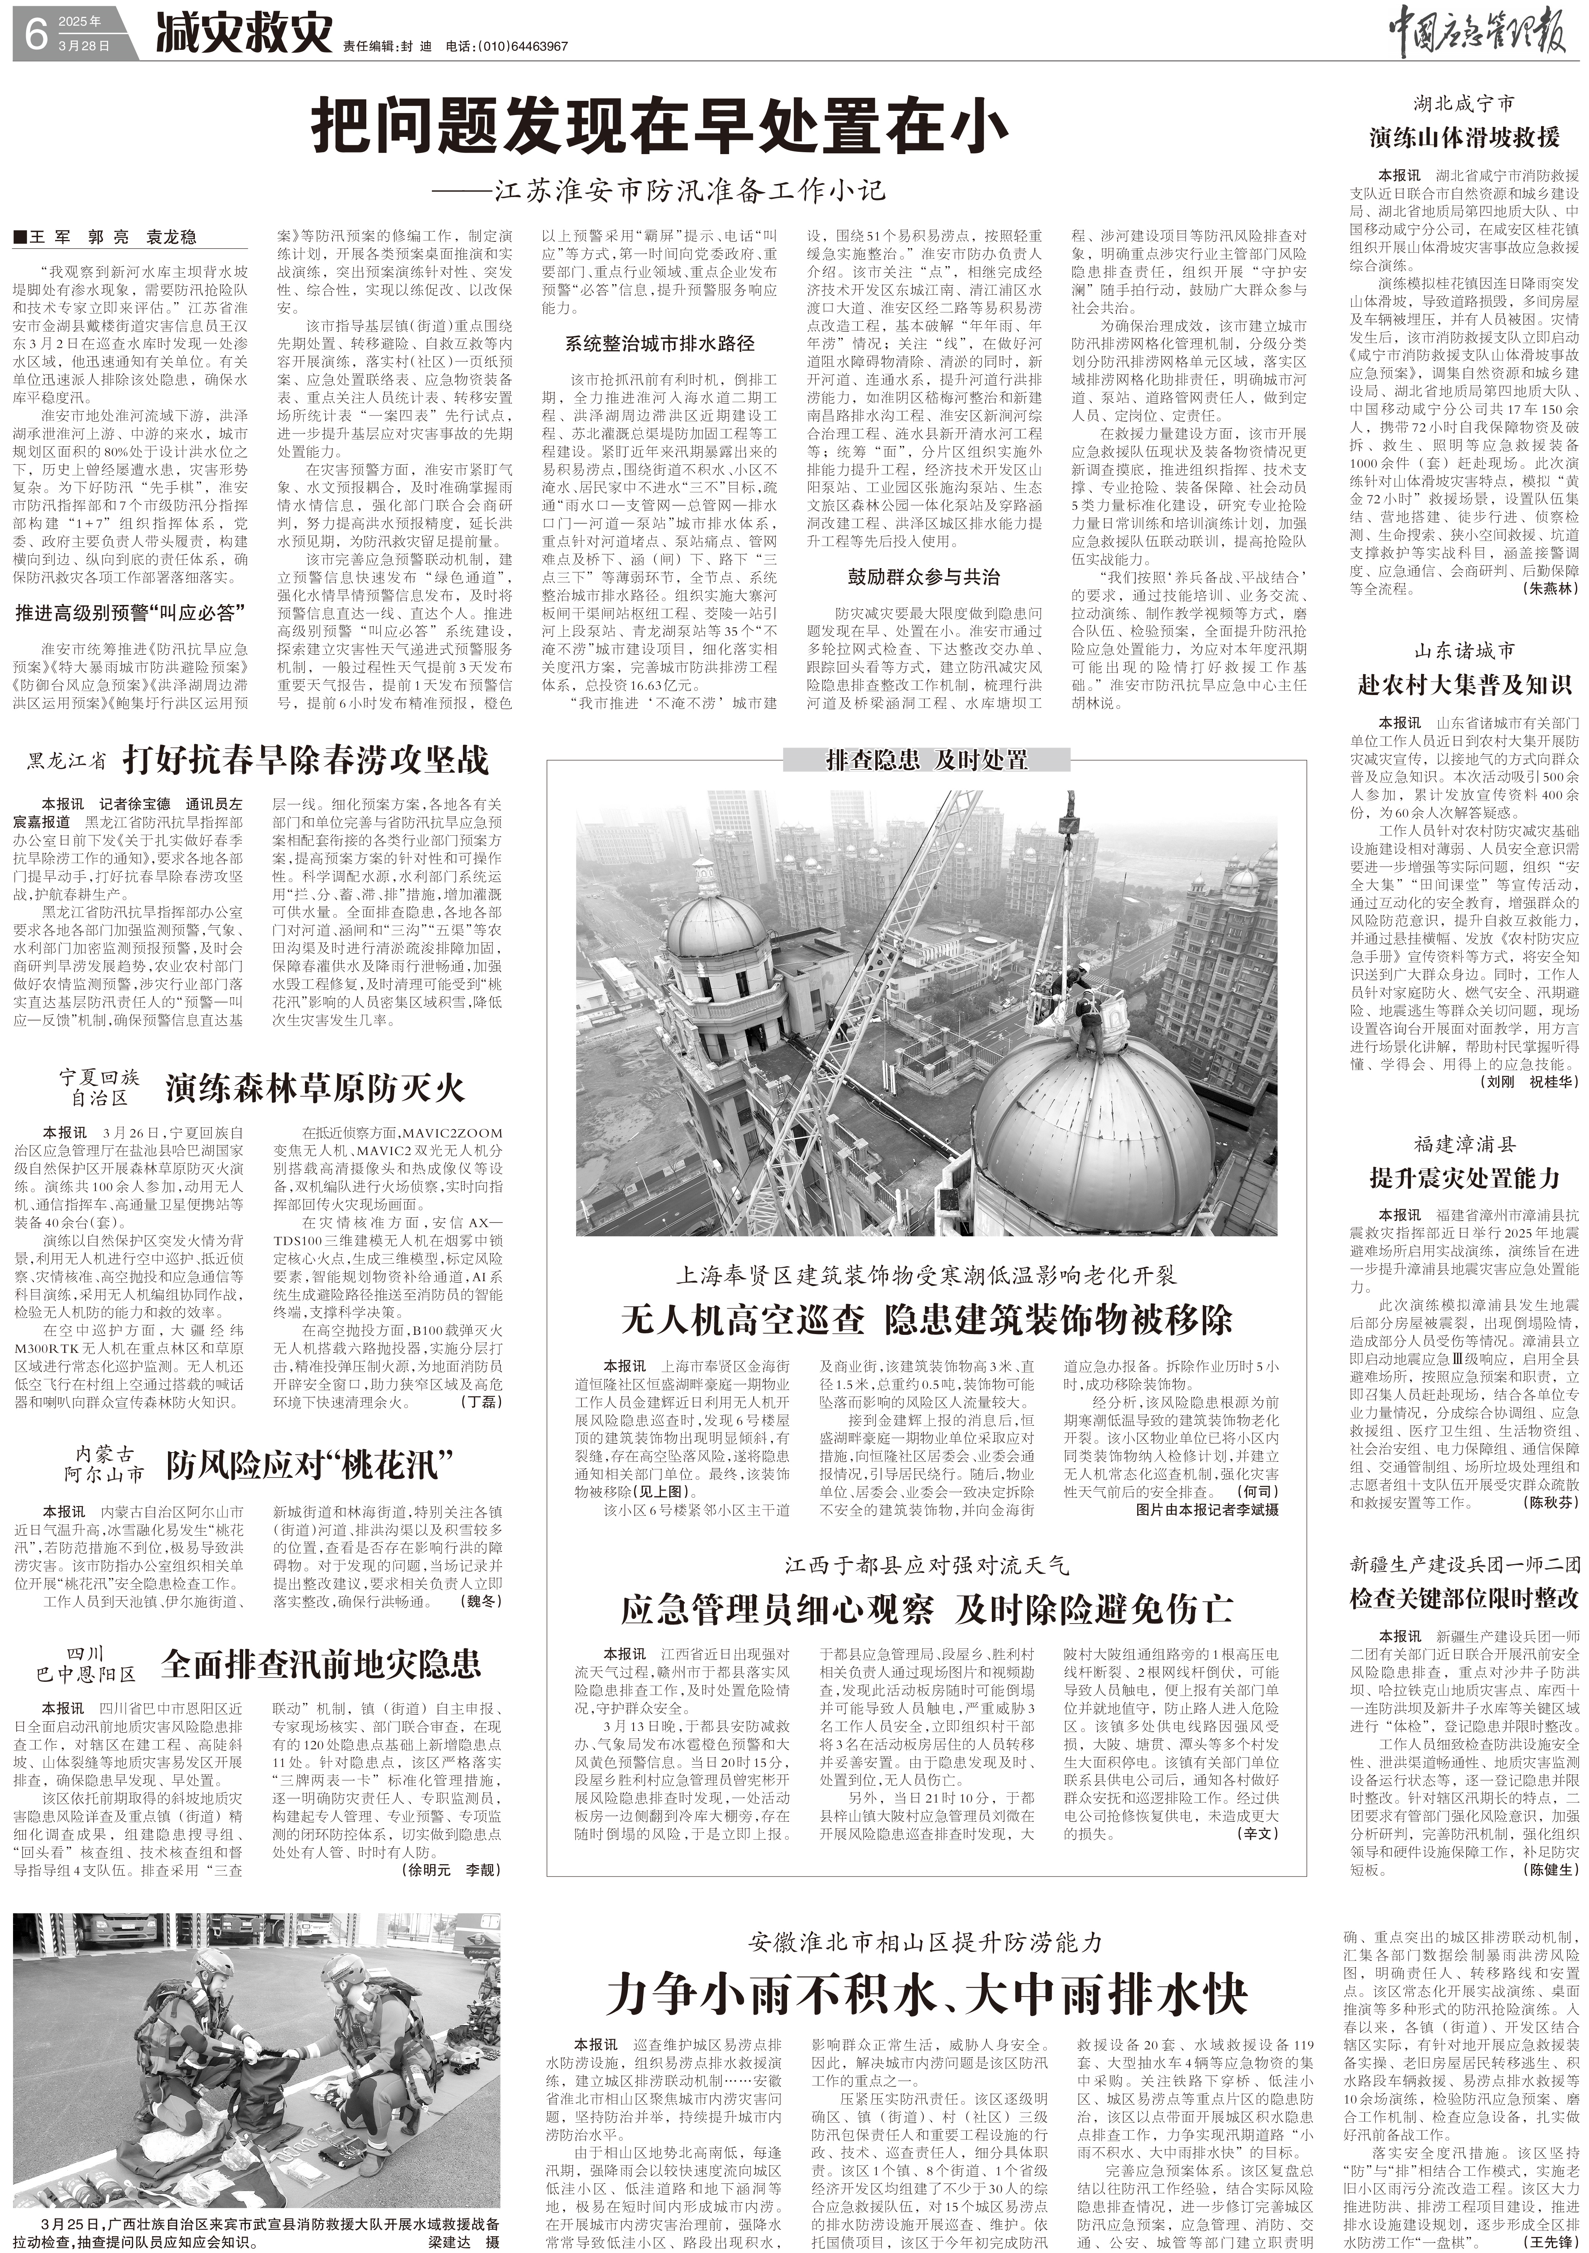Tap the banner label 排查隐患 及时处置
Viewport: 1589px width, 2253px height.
[x=927, y=759]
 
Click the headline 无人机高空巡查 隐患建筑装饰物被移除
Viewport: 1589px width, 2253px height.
[x=927, y=1320]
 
